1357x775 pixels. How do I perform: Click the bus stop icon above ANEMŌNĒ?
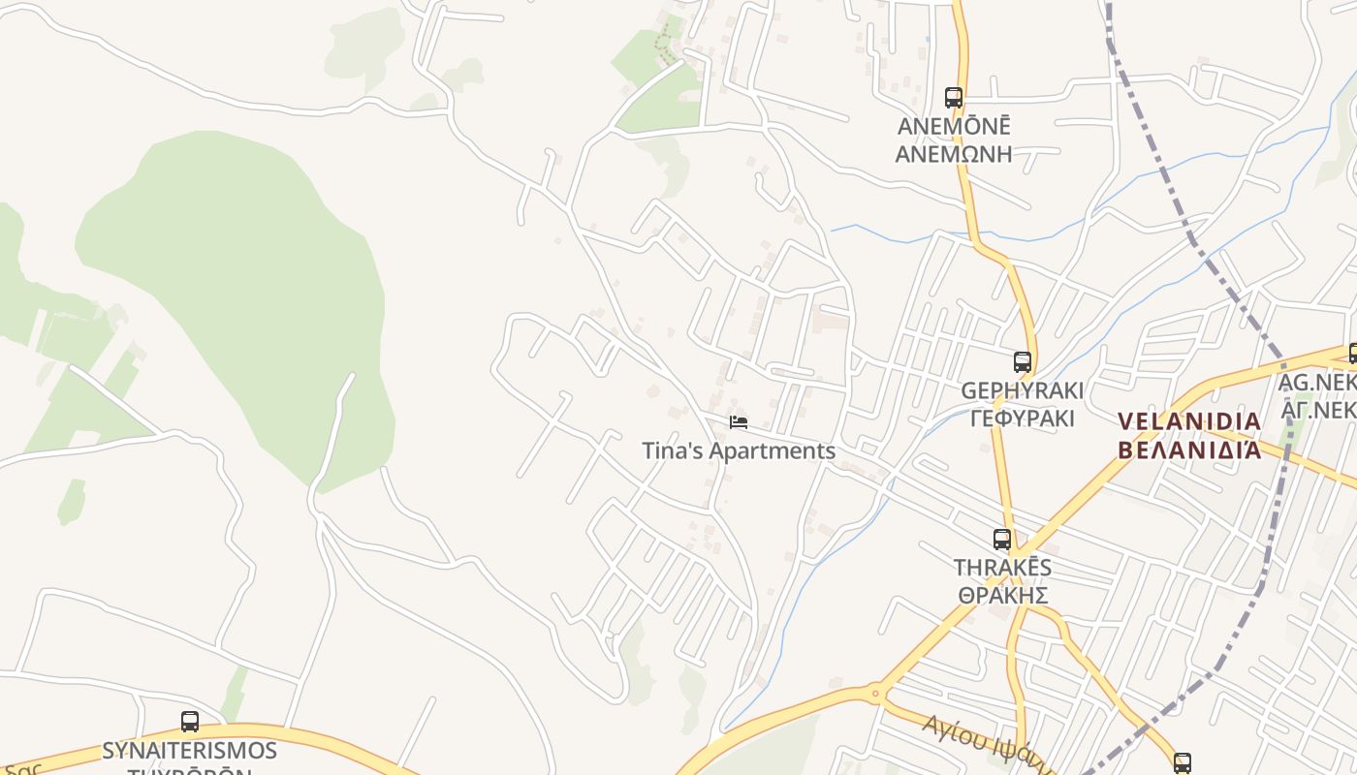pyautogui.click(x=954, y=98)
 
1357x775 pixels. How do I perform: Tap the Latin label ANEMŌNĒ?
pyautogui.click(x=954, y=127)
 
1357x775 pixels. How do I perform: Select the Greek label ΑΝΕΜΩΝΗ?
pyautogui.click(x=954, y=154)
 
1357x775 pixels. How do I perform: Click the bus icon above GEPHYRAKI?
pyautogui.click(x=1022, y=362)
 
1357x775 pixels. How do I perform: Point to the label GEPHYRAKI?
pyautogui.click(x=1022, y=390)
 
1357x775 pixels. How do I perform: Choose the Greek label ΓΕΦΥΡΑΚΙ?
pyautogui.click(x=1022, y=418)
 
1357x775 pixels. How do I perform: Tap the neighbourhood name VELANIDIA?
pyautogui.click(x=1189, y=421)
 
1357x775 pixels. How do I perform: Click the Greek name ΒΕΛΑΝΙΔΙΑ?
pyautogui.click(x=1189, y=449)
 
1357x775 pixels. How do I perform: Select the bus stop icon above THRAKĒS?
pyautogui.click(x=1002, y=540)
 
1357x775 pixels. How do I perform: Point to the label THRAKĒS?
pyautogui.click(x=1002, y=568)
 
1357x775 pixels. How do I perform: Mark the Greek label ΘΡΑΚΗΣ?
pyautogui.click(x=1002, y=595)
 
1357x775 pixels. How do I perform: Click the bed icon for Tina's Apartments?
pyautogui.click(x=739, y=422)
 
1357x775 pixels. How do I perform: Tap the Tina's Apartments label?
pyautogui.click(x=739, y=450)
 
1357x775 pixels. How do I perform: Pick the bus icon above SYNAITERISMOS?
pyautogui.click(x=190, y=722)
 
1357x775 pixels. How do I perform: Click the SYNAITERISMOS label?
pyautogui.click(x=190, y=751)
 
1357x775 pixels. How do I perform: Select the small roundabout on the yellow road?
pyautogui.click(x=875, y=693)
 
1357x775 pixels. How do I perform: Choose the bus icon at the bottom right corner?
pyautogui.click(x=1183, y=762)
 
